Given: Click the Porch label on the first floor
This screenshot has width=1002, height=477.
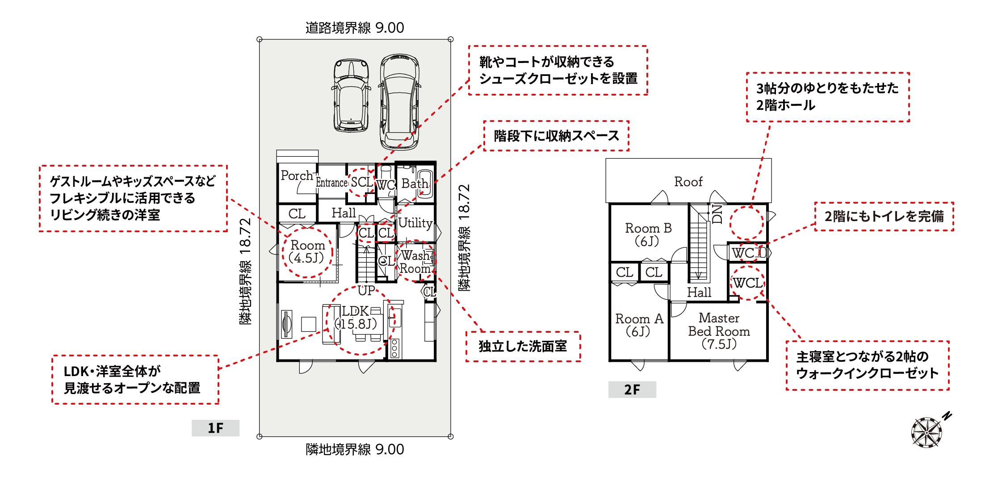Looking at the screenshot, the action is click(x=297, y=176).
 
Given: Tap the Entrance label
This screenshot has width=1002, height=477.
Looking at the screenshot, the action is click(x=331, y=182).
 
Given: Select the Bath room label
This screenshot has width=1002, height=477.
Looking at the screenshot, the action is click(x=415, y=184).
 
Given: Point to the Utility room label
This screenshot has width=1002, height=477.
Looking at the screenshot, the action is click(x=415, y=223).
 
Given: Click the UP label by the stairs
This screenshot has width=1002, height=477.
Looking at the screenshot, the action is click(x=366, y=291).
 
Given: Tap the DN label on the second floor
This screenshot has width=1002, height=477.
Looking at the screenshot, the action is click(x=717, y=213).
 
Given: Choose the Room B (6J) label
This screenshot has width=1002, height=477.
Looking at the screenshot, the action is click(x=648, y=234).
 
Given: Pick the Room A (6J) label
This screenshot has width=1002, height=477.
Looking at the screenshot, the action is click(x=639, y=325).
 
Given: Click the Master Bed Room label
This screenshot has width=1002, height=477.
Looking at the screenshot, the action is click(x=719, y=331).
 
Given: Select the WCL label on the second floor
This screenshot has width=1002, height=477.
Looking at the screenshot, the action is click(x=748, y=283).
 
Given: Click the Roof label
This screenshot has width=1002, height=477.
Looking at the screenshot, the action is click(x=688, y=182).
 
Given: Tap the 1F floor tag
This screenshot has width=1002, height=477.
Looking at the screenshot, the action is click(x=215, y=428).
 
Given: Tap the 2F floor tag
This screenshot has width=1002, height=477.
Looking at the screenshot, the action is click(x=632, y=389).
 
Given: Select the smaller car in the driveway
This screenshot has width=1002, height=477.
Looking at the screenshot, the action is click(x=351, y=95).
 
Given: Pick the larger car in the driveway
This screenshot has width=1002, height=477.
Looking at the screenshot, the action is click(x=399, y=102).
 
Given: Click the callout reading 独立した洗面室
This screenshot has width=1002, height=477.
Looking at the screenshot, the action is click(x=523, y=347).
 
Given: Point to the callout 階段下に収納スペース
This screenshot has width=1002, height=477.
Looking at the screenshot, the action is click(x=556, y=136).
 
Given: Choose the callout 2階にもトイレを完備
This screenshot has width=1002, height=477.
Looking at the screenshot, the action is click(x=884, y=217).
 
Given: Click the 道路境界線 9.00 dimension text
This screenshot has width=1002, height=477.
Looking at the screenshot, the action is click(x=355, y=28).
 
